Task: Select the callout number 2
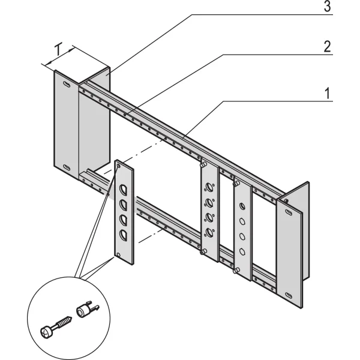pos(326,47)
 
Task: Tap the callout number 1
pos(326,94)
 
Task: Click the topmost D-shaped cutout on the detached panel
pos(123,190)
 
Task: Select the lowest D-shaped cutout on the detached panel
pos(123,234)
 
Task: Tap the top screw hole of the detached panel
pos(119,164)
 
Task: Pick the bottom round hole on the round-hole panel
pos(242,251)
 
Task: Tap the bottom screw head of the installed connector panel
pos(205,251)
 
